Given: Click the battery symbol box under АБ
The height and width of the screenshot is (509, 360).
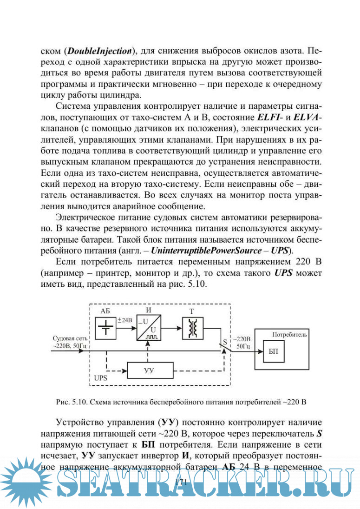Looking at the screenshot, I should tap(107, 327).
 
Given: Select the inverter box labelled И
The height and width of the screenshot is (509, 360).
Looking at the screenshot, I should tap(148, 328).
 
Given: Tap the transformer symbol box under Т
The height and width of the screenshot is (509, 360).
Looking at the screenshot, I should tap(191, 327).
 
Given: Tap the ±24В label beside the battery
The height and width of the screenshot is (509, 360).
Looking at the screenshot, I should tap(125, 320).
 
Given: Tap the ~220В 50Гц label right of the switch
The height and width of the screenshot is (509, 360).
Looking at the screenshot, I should tap(242, 342).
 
